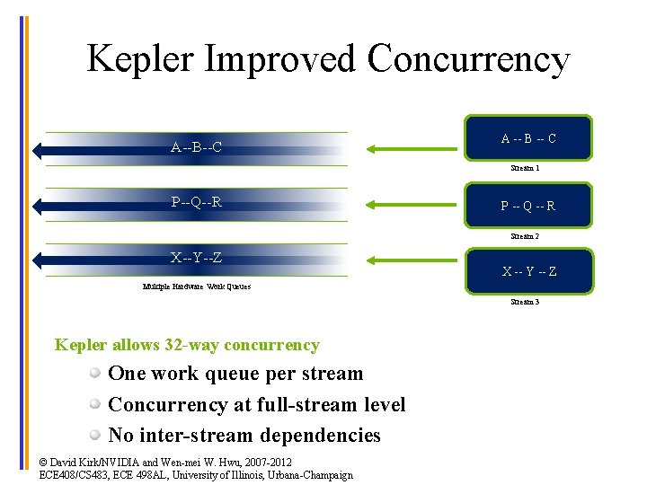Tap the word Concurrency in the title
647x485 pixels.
(x=468, y=59)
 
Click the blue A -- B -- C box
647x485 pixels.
(x=528, y=138)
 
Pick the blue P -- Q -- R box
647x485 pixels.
(x=528, y=206)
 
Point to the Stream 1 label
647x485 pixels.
(x=525, y=168)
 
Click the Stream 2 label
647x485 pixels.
(x=525, y=236)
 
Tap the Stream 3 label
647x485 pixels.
(x=525, y=303)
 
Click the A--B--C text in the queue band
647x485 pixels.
(x=197, y=147)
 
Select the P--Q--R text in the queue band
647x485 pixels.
(x=197, y=202)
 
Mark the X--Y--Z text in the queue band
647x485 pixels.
(x=197, y=259)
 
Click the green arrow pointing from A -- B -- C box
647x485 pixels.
(x=409, y=148)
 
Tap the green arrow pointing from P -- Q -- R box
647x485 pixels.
(x=409, y=206)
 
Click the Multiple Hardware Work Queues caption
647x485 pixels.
(x=197, y=287)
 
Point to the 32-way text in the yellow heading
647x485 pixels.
(x=191, y=345)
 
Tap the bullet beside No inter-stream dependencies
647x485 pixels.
(x=94, y=436)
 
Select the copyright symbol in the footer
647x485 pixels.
(x=45, y=463)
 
